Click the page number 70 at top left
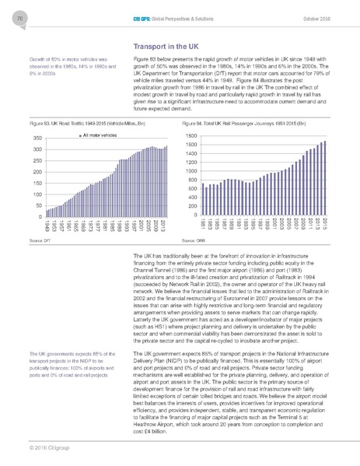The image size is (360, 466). [18, 17]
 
